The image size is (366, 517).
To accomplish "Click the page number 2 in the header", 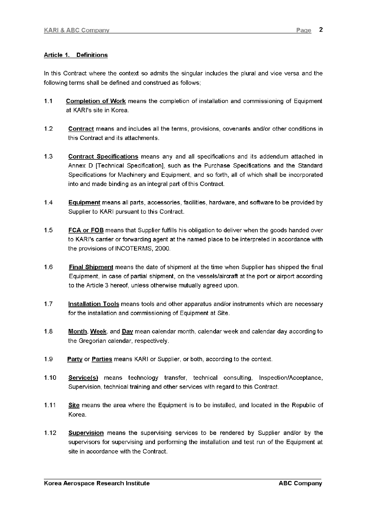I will pyautogui.click(x=321, y=29).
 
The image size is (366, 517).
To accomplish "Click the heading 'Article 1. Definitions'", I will pyautogui.click(x=76, y=55).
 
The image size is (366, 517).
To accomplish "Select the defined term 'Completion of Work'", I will pyautogui.click(x=95, y=101).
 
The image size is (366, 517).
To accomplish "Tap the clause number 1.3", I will pyautogui.click(x=48, y=156).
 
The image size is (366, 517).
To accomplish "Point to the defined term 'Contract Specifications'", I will pyautogui.click(x=103, y=156).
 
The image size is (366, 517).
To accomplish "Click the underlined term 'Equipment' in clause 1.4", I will pyautogui.click(x=84, y=202).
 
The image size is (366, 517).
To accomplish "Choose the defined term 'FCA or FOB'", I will pyautogui.click(x=86, y=230).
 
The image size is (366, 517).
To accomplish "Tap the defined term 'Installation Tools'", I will pyautogui.click(x=93, y=304).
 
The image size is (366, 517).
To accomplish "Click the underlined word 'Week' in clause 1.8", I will pyautogui.click(x=98, y=331).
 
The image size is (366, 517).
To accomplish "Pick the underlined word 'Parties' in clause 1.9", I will pyautogui.click(x=102, y=359).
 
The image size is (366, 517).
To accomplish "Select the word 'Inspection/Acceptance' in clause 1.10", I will pyautogui.click(x=291, y=378).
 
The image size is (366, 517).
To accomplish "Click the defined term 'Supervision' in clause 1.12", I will pyautogui.click(x=86, y=433).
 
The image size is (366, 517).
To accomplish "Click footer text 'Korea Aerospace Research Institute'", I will pyautogui.click(x=97, y=483).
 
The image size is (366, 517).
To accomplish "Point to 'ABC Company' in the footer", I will pyautogui.click(x=300, y=483).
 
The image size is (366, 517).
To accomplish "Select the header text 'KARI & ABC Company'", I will pyautogui.click(x=77, y=30).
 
